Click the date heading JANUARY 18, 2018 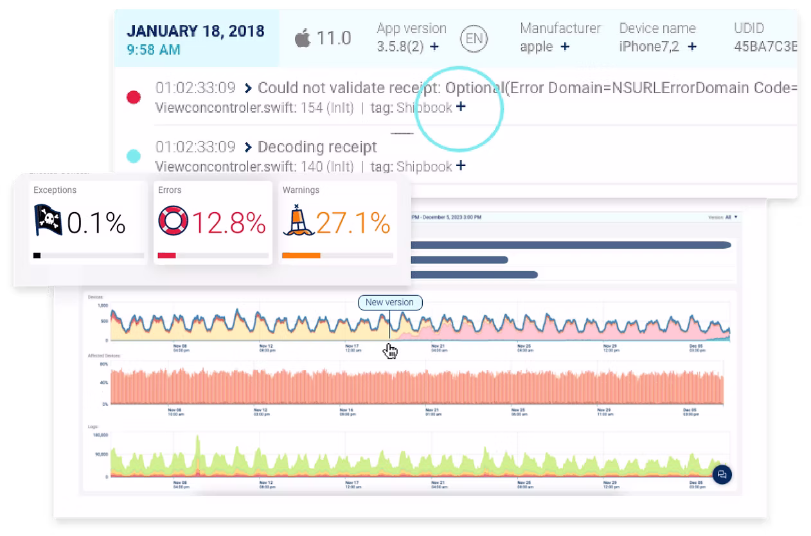pos(195,31)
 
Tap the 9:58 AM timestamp pos(154,49)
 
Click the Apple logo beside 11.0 pos(302,39)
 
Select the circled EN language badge pos(474,39)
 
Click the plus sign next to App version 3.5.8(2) pos(434,47)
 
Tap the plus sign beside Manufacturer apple pos(565,46)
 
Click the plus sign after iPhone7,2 pos(692,46)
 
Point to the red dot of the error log pos(134,98)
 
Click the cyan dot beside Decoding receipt pos(134,156)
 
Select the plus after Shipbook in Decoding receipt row pos(460,166)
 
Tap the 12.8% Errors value pos(229,223)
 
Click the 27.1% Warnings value pos(353,223)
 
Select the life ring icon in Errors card pos(173,221)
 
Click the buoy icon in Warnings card pos(298,220)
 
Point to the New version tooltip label pos(390,302)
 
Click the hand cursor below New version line pos(390,351)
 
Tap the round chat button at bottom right pos(722,474)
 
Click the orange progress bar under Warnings pos(301,256)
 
